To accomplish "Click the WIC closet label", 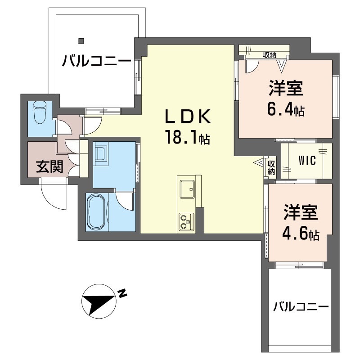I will click(307, 161).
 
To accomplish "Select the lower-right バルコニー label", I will click(301, 307).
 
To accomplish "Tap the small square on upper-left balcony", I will click(81, 40).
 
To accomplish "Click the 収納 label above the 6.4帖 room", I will click(270, 55).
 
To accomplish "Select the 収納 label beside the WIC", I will click(271, 167).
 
